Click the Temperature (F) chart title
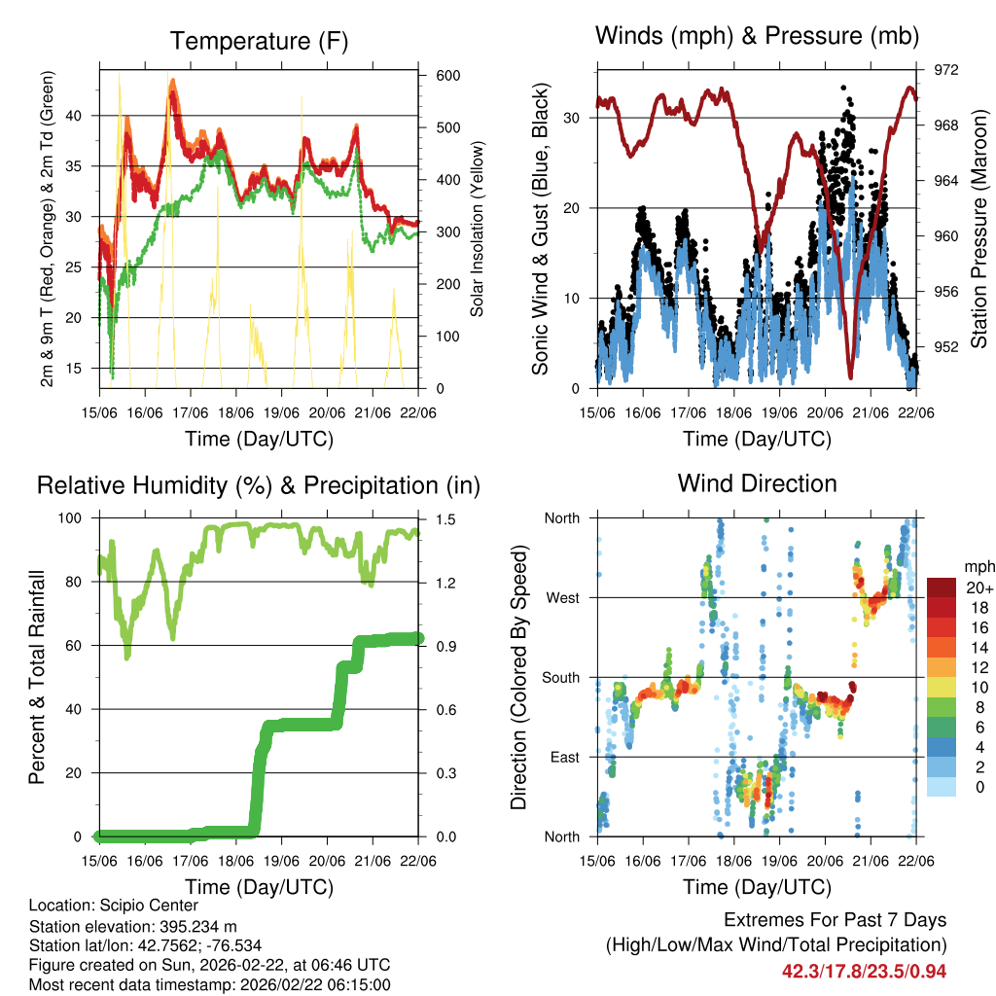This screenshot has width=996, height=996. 259,41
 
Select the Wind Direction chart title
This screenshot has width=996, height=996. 757,483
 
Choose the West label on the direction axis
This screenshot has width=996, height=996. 562,597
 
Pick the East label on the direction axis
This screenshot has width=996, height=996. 563,757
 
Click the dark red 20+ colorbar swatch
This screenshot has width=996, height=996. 941,587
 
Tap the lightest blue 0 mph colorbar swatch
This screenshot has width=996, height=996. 941,786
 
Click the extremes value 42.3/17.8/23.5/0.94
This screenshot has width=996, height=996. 864,971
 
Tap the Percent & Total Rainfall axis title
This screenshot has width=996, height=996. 38,677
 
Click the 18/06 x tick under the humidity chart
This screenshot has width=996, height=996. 235,861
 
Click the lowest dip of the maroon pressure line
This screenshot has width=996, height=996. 850,376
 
